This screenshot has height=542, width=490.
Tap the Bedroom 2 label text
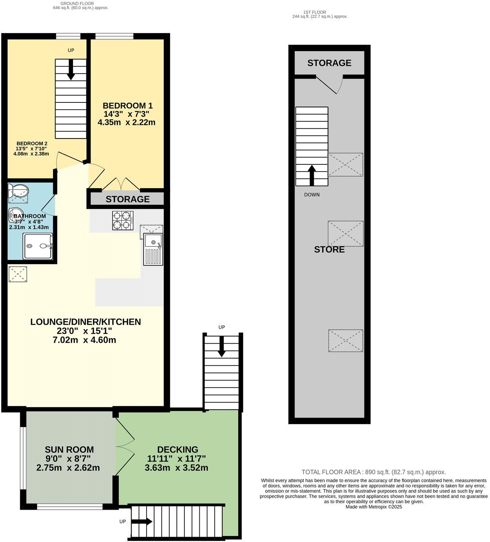pos(32,143)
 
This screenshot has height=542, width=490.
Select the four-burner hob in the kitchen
pos(123,220)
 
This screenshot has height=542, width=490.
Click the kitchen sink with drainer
pos(153,249)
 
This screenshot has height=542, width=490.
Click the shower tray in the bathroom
pos(38,246)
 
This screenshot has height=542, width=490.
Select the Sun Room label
pos(69,450)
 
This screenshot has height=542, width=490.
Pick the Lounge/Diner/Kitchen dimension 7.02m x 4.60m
pos(84,340)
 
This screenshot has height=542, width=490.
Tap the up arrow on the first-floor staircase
pos(312,174)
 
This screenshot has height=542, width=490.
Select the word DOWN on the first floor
pos(312,194)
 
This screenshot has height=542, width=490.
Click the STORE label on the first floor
pos(329,250)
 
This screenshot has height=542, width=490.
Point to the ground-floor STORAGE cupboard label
pos(127,199)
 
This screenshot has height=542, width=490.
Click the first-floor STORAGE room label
pos(329,63)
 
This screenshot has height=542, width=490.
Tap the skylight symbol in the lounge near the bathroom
pos(18,274)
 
